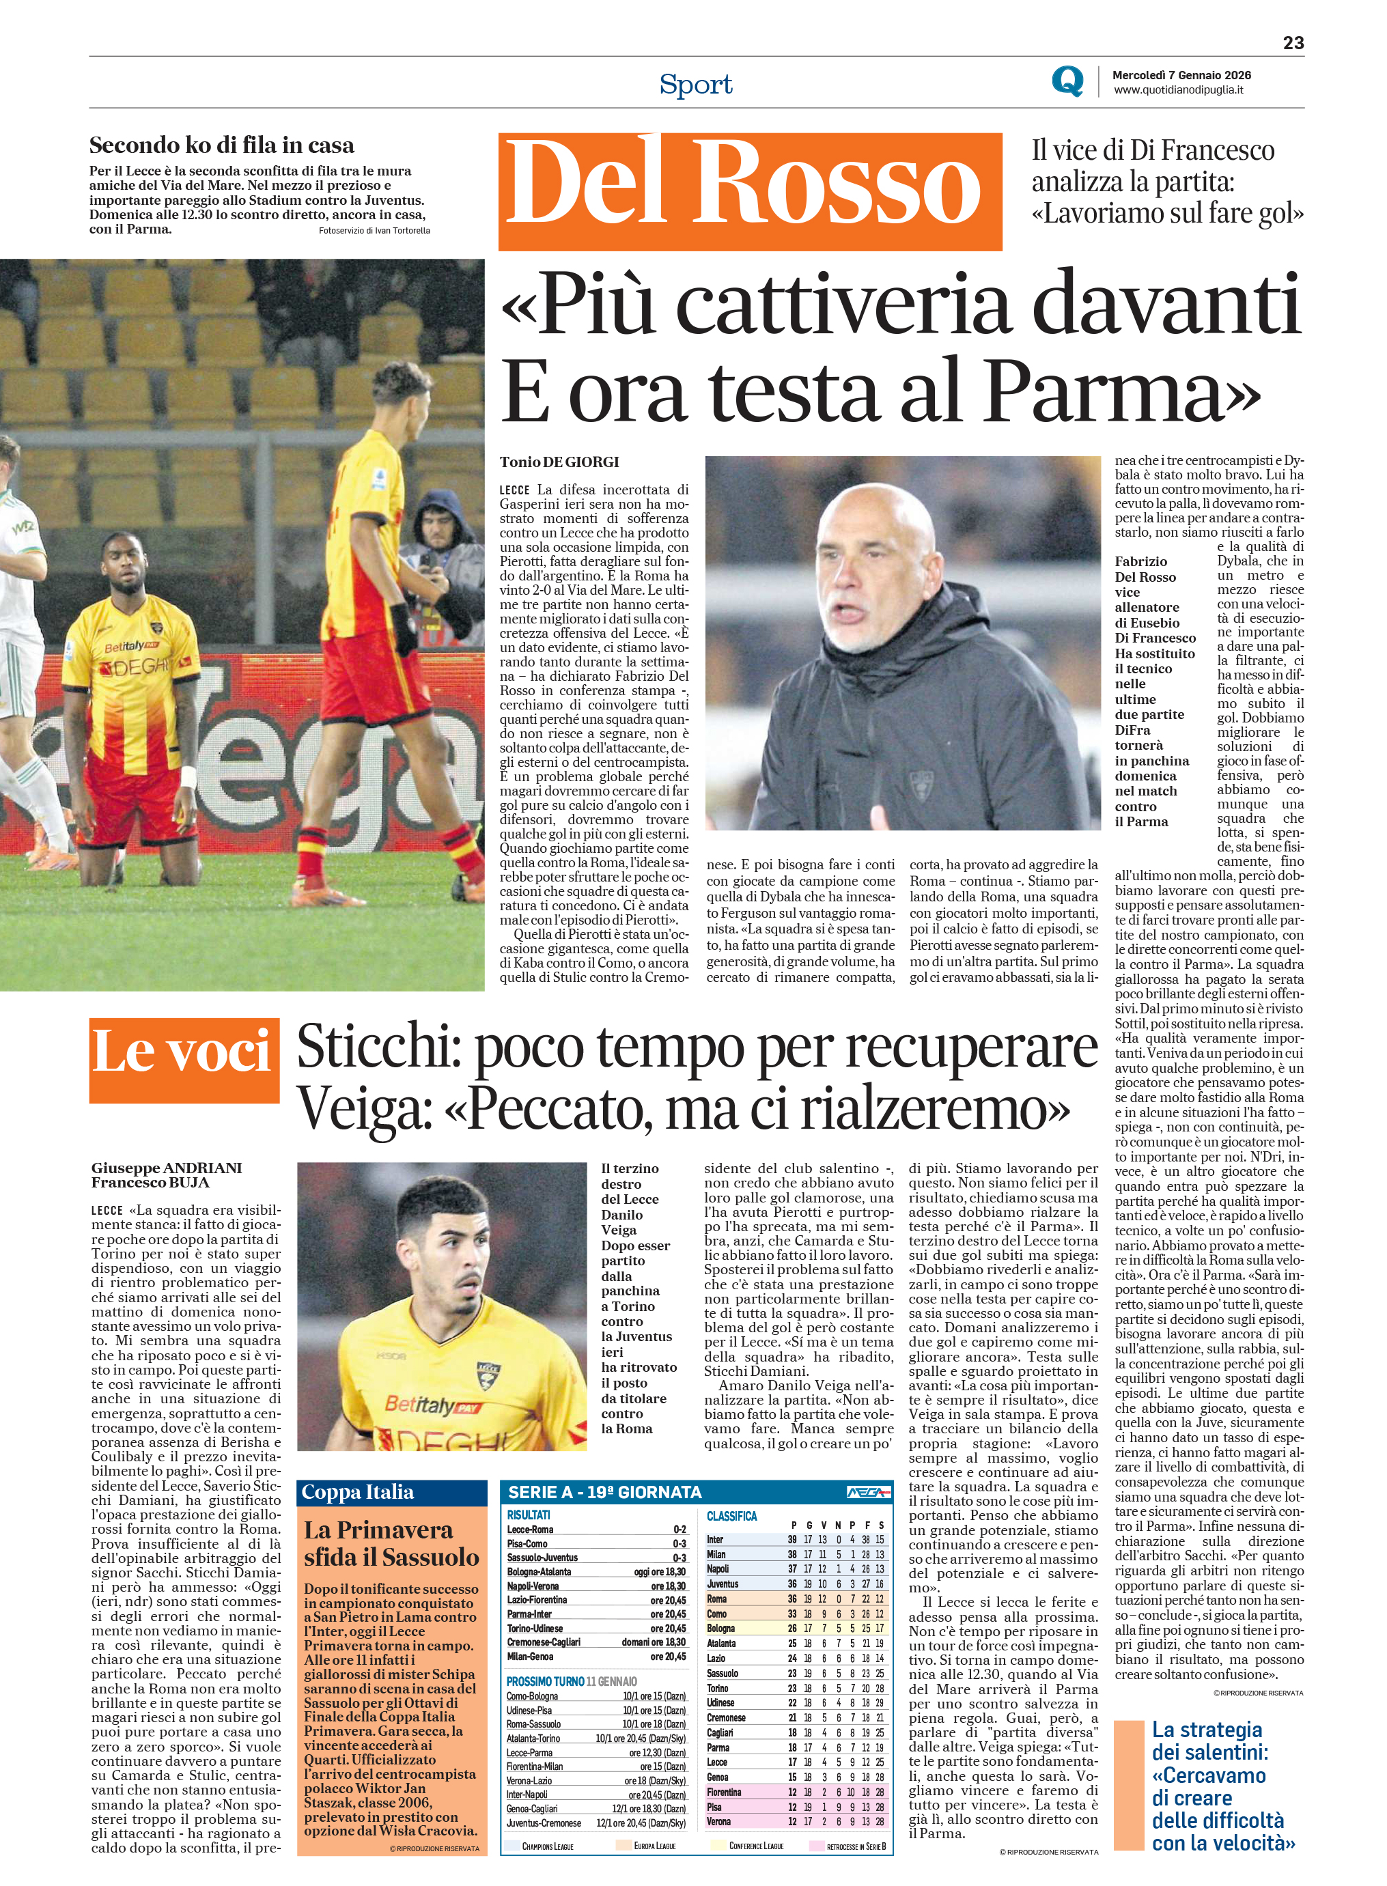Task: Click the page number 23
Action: pyautogui.click(x=1293, y=43)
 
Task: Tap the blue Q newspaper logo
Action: pyautogui.click(x=1067, y=81)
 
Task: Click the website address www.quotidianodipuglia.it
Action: pyautogui.click(x=1178, y=90)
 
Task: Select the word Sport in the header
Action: pyautogui.click(x=695, y=84)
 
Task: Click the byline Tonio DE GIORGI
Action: pyautogui.click(x=559, y=462)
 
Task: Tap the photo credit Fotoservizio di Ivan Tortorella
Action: pyautogui.click(x=374, y=230)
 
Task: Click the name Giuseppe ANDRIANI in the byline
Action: pyautogui.click(x=166, y=1168)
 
